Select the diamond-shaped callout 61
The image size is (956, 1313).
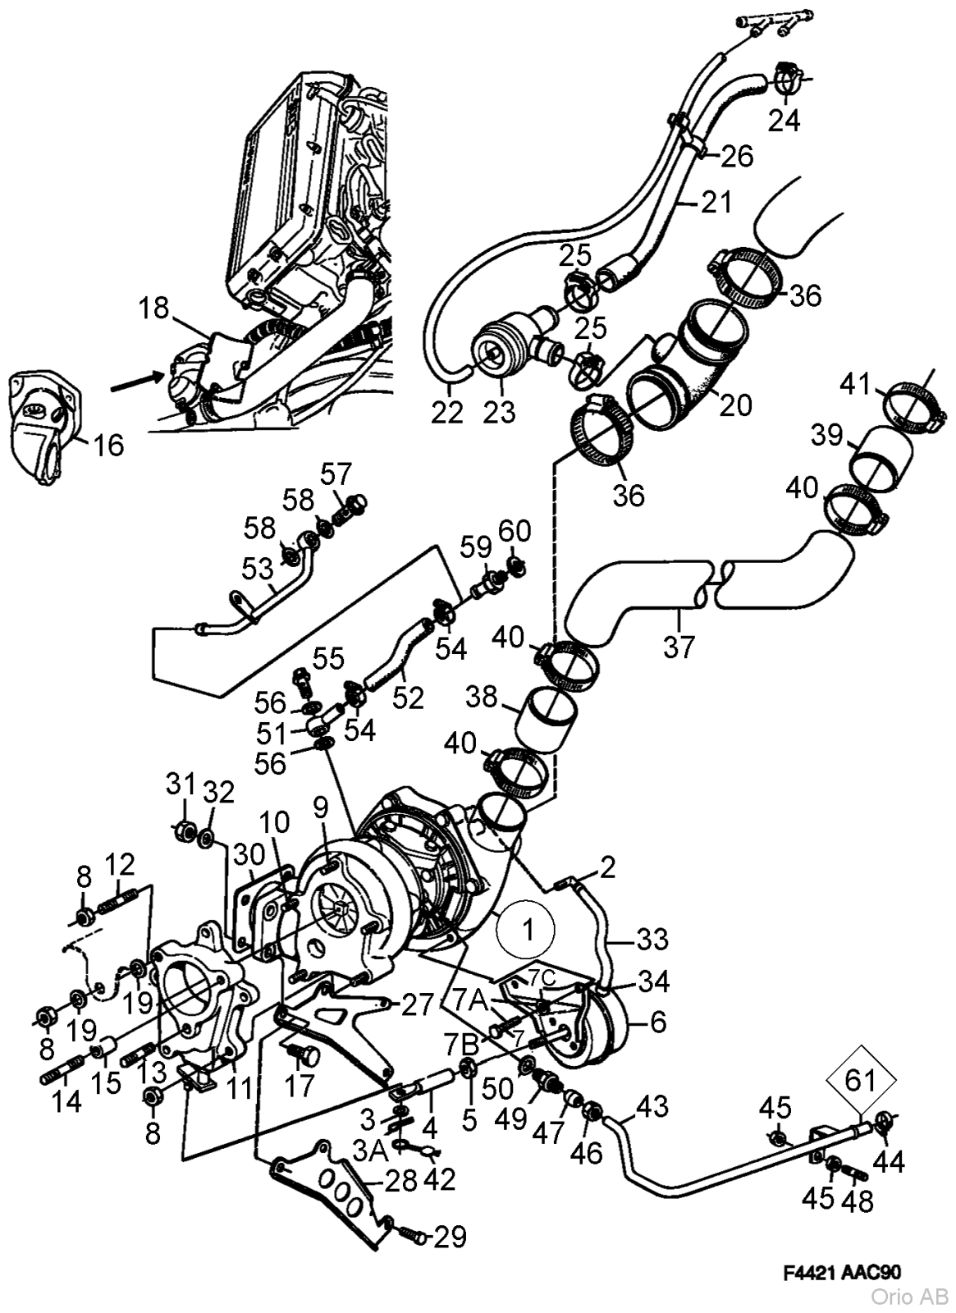click(x=860, y=1081)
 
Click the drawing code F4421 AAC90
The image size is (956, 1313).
click(x=842, y=1274)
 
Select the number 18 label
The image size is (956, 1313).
click(x=153, y=309)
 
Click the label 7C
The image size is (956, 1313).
click(x=542, y=977)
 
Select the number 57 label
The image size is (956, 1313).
click(x=336, y=474)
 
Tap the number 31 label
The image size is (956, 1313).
click(x=181, y=783)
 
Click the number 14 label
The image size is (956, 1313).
click(x=66, y=1101)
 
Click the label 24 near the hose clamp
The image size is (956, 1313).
click(x=784, y=121)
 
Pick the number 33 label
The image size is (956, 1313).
click(x=652, y=939)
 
